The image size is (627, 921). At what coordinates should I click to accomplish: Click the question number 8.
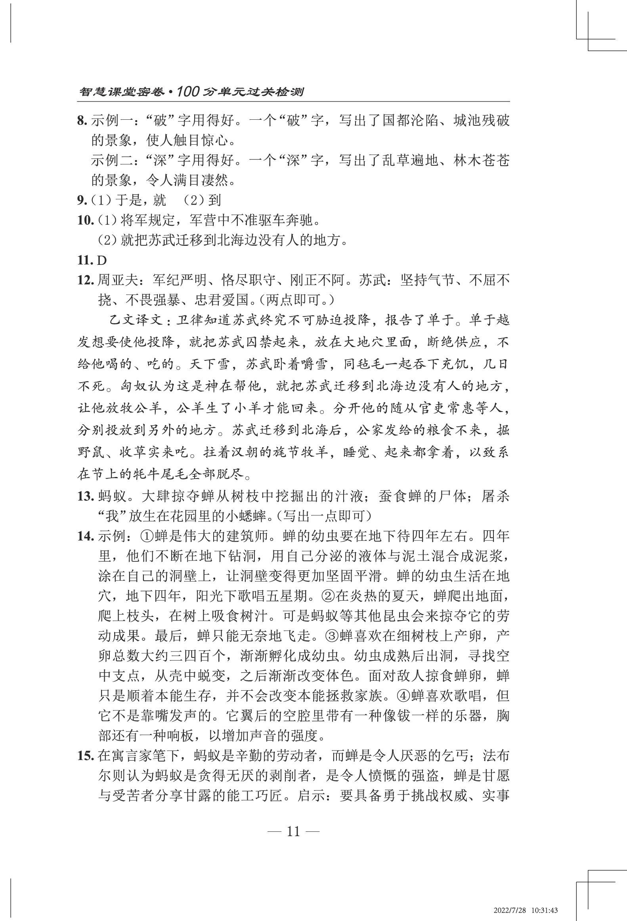pyautogui.click(x=82, y=121)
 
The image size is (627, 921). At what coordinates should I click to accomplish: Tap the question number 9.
pyautogui.click(x=82, y=201)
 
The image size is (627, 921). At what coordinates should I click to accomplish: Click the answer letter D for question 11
pyautogui.click(x=102, y=260)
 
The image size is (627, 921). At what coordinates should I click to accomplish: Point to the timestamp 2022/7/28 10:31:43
pyautogui.click(x=526, y=910)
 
